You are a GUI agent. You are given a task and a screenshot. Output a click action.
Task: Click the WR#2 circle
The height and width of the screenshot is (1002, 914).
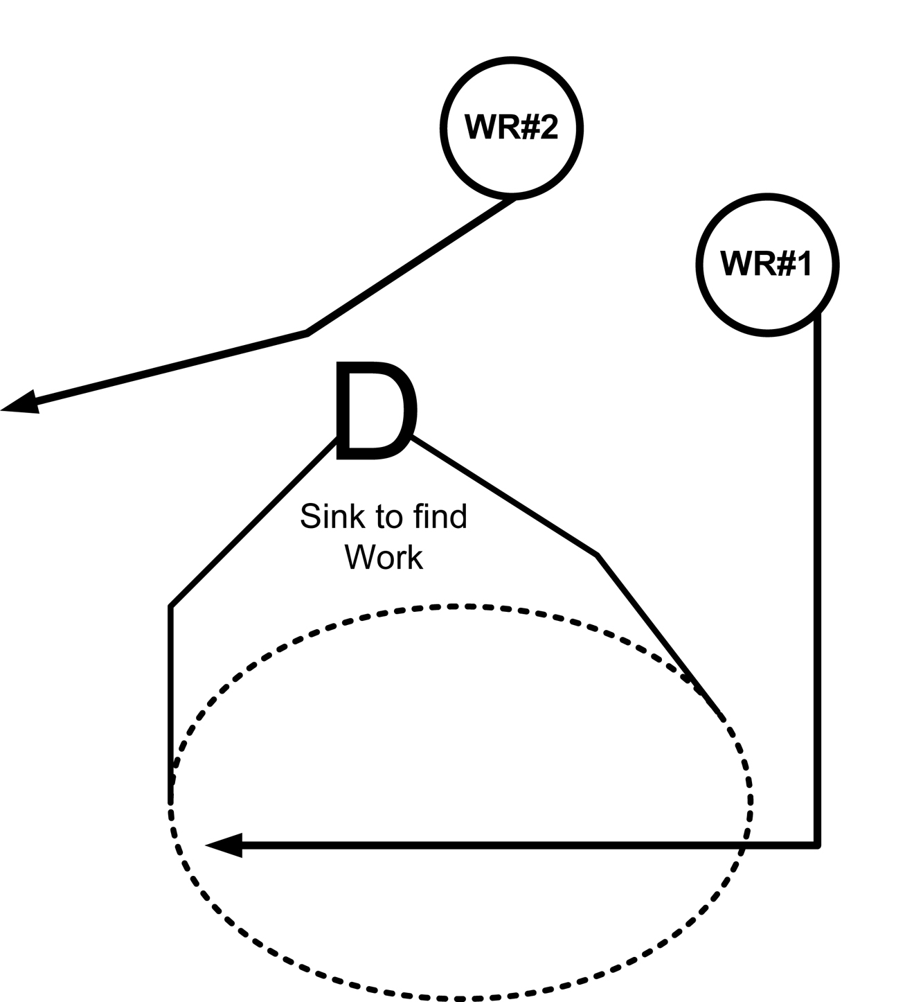tap(511, 128)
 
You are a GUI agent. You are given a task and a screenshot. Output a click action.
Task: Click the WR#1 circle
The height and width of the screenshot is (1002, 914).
tap(767, 264)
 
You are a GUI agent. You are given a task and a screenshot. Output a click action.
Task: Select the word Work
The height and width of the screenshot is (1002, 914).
tap(384, 557)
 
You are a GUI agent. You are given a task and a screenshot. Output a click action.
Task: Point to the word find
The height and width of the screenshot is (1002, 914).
tap(440, 517)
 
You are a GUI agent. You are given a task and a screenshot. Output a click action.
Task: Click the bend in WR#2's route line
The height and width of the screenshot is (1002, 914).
tap(307, 333)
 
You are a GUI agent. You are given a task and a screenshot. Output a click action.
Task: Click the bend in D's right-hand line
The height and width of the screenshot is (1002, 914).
tap(597, 554)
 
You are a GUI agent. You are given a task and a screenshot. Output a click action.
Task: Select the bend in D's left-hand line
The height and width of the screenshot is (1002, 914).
tap(170, 607)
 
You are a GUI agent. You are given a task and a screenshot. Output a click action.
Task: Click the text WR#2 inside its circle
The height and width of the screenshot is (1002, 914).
tap(511, 128)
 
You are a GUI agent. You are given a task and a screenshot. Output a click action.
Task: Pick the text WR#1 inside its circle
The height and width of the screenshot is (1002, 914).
tap(766, 264)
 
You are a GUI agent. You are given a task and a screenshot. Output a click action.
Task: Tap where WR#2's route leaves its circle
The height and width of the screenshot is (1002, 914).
tap(514, 199)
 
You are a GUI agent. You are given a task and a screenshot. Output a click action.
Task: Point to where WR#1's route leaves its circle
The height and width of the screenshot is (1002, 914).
tap(818, 315)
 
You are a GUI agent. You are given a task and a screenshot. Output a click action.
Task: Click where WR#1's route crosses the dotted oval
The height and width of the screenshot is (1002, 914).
tap(744, 845)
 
